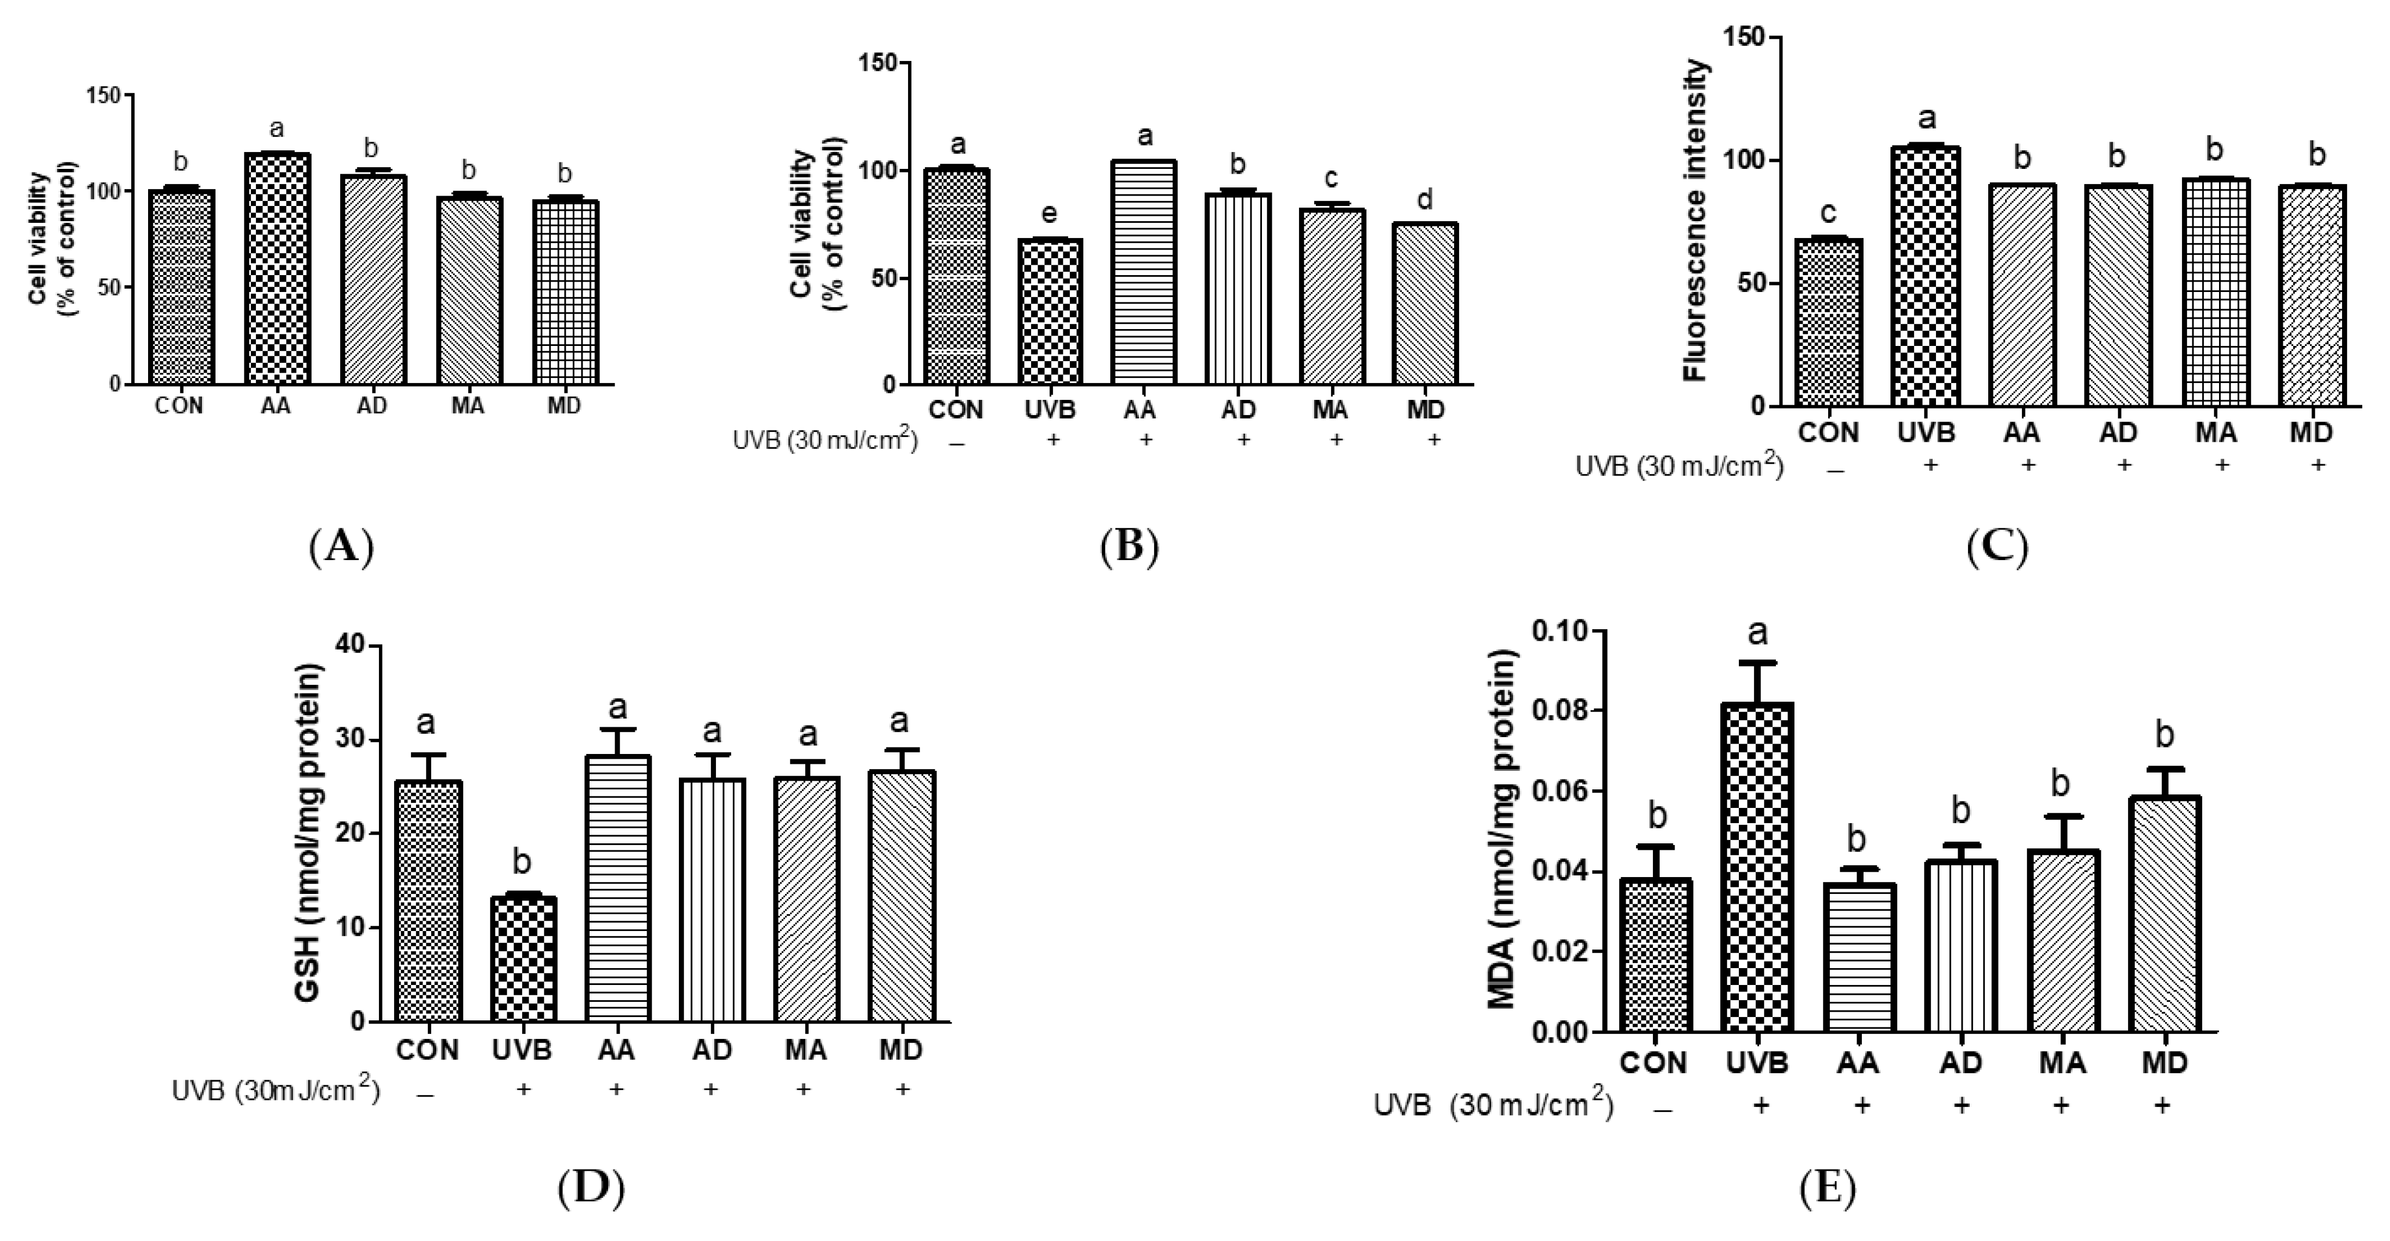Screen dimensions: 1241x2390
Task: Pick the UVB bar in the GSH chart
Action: (x=522, y=960)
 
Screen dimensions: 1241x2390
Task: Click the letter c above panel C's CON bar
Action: (x=1828, y=214)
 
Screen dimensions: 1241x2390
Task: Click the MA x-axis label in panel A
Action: (x=469, y=406)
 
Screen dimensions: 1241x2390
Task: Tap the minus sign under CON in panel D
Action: (x=426, y=1096)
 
